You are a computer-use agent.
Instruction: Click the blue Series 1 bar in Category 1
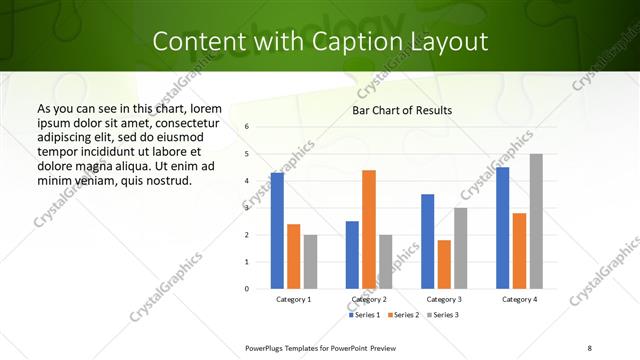coord(277,230)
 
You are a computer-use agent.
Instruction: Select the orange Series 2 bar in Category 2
coord(369,229)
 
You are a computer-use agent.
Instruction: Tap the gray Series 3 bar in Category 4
coord(536,221)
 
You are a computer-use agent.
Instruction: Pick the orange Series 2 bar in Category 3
coord(444,264)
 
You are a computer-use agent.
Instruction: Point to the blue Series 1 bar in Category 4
coord(502,228)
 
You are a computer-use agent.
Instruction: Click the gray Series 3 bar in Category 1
coord(311,261)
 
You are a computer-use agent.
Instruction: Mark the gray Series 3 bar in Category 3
coord(461,248)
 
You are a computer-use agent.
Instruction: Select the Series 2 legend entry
coord(402,315)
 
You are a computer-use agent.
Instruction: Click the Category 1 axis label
coord(294,299)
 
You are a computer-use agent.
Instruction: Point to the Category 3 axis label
coord(444,299)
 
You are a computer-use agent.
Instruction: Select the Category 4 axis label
coord(519,299)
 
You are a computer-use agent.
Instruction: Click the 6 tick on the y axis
coord(247,127)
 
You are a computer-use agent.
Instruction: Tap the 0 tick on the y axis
coord(247,289)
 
